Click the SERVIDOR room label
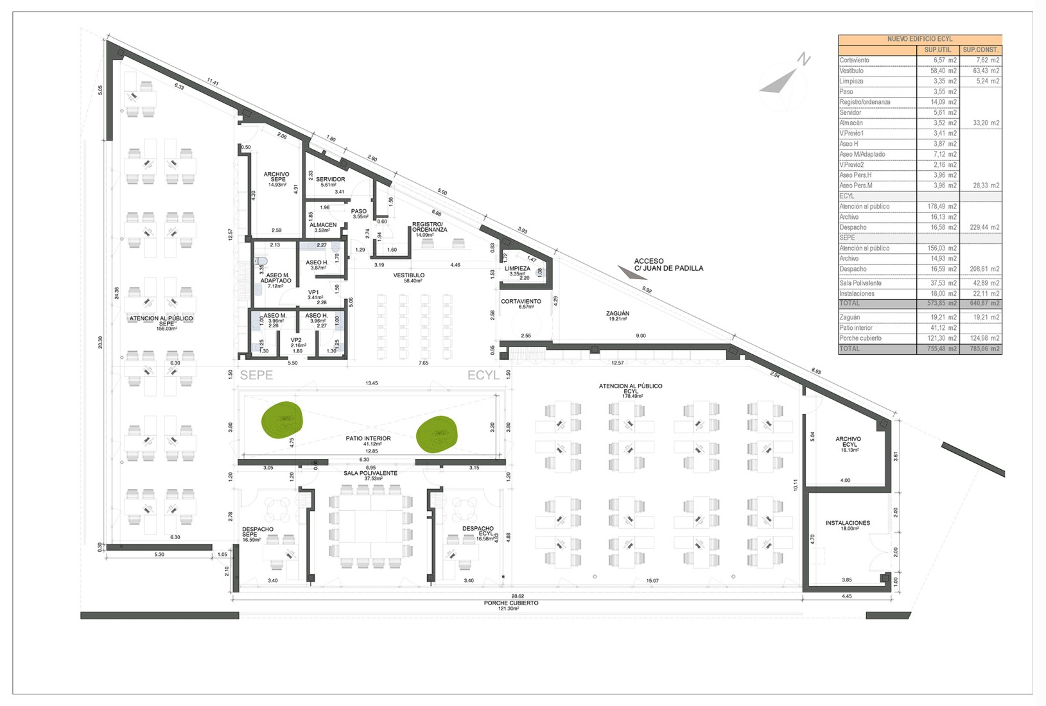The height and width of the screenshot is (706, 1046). click(330, 180)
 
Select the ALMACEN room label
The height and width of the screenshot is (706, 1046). click(322, 226)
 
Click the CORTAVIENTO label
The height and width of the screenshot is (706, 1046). click(521, 302)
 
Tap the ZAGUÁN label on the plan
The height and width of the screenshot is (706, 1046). click(618, 314)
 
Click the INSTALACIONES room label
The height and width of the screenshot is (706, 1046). click(848, 524)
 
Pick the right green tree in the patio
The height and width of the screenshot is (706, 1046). click(437, 434)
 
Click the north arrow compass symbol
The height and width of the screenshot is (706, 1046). click(784, 80)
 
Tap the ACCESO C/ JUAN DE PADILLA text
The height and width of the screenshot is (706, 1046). click(668, 265)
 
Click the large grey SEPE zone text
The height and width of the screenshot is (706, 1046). click(256, 375)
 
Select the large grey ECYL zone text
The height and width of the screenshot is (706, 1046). click(483, 375)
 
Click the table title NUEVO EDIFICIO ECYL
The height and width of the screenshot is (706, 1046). click(920, 39)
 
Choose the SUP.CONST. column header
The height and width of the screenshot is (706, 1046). click(981, 50)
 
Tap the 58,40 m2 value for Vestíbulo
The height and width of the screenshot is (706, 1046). click(945, 71)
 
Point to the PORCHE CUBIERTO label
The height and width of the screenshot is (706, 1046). click(511, 603)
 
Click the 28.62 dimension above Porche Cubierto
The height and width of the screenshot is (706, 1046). click(518, 596)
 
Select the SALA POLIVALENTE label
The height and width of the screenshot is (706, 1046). click(370, 474)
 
